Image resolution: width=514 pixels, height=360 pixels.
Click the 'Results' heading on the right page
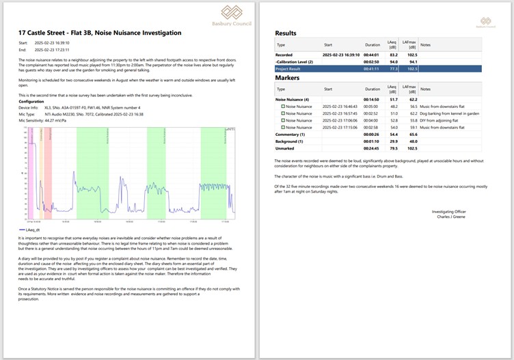[x=286, y=33]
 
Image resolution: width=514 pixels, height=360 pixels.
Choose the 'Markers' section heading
[x=288, y=78]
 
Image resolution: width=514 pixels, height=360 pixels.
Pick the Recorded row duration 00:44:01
[x=371, y=55]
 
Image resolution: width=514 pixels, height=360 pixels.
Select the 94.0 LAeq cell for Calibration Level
[x=393, y=61]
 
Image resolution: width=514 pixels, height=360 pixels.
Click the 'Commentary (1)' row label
[x=291, y=134]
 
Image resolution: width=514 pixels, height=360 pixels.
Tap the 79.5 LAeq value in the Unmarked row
[x=393, y=148]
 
